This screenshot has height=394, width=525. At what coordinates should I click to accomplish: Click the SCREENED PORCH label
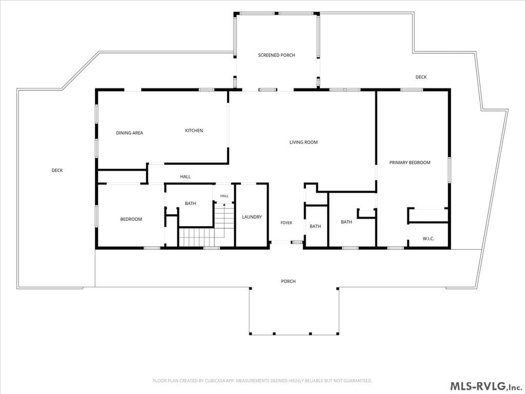click(x=276, y=55)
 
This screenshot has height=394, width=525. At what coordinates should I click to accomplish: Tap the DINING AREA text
click(x=130, y=133)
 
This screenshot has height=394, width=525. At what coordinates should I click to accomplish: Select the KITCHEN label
click(x=194, y=130)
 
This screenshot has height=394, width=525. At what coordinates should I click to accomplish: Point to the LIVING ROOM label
click(x=304, y=142)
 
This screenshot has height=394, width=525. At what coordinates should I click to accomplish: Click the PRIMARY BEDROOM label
click(x=410, y=163)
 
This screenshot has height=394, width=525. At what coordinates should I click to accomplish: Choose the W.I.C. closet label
click(x=428, y=239)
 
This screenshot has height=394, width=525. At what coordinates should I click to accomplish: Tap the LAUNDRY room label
click(x=252, y=217)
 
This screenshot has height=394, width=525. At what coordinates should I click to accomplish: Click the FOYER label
click(x=286, y=223)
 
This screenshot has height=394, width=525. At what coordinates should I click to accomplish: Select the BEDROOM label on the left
click(x=131, y=219)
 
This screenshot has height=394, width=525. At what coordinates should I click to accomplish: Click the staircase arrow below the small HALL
click(x=224, y=204)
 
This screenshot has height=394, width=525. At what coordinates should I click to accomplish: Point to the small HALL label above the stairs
click(x=225, y=196)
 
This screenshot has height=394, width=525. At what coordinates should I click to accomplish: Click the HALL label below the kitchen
click(x=186, y=176)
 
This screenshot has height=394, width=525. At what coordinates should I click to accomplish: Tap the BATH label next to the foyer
click(x=315, y=226)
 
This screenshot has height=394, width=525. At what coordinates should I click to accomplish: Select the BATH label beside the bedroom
click(x=191, y=203)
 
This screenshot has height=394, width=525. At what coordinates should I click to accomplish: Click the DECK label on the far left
click(x=57, y=170)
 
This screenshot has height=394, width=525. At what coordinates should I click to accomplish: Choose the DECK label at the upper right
click(x=421, y=77)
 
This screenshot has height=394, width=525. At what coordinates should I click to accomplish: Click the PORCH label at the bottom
click(x=288, y=281)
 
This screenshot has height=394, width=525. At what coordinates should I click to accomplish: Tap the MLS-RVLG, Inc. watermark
click(x=486, y=386)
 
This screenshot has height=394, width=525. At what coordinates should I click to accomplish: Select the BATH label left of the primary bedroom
click(x=347, y=222)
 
